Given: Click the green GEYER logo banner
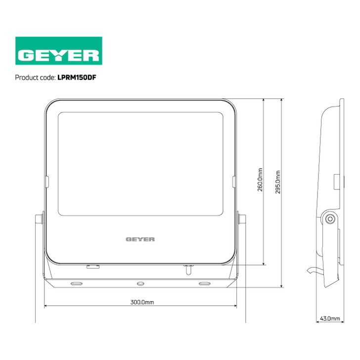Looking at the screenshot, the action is point(59,51).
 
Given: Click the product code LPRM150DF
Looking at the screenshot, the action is point(77,78).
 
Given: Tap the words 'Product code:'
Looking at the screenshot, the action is point(36,78).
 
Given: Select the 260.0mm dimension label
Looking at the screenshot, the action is point(260,180).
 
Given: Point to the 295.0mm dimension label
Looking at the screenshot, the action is point(278,182).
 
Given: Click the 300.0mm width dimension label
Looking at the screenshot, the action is point(142,302).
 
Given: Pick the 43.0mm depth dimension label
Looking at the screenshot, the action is point(330,318).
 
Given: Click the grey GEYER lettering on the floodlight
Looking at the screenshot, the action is point(140,239).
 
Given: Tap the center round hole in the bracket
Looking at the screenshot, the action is point(140,284).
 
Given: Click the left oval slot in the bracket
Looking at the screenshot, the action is point(77,284).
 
